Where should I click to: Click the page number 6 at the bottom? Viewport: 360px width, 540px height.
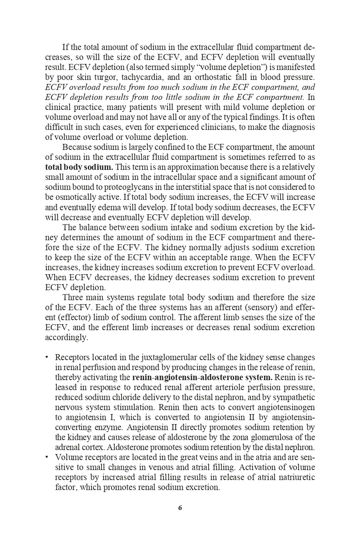(180, 508)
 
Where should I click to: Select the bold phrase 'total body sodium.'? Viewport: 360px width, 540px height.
(79, 167)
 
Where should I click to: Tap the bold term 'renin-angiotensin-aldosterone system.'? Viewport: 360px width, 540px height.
(202, 377)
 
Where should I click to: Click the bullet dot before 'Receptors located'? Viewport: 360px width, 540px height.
(47, 357)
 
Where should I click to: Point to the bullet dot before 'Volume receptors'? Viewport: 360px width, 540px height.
(47, 457)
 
